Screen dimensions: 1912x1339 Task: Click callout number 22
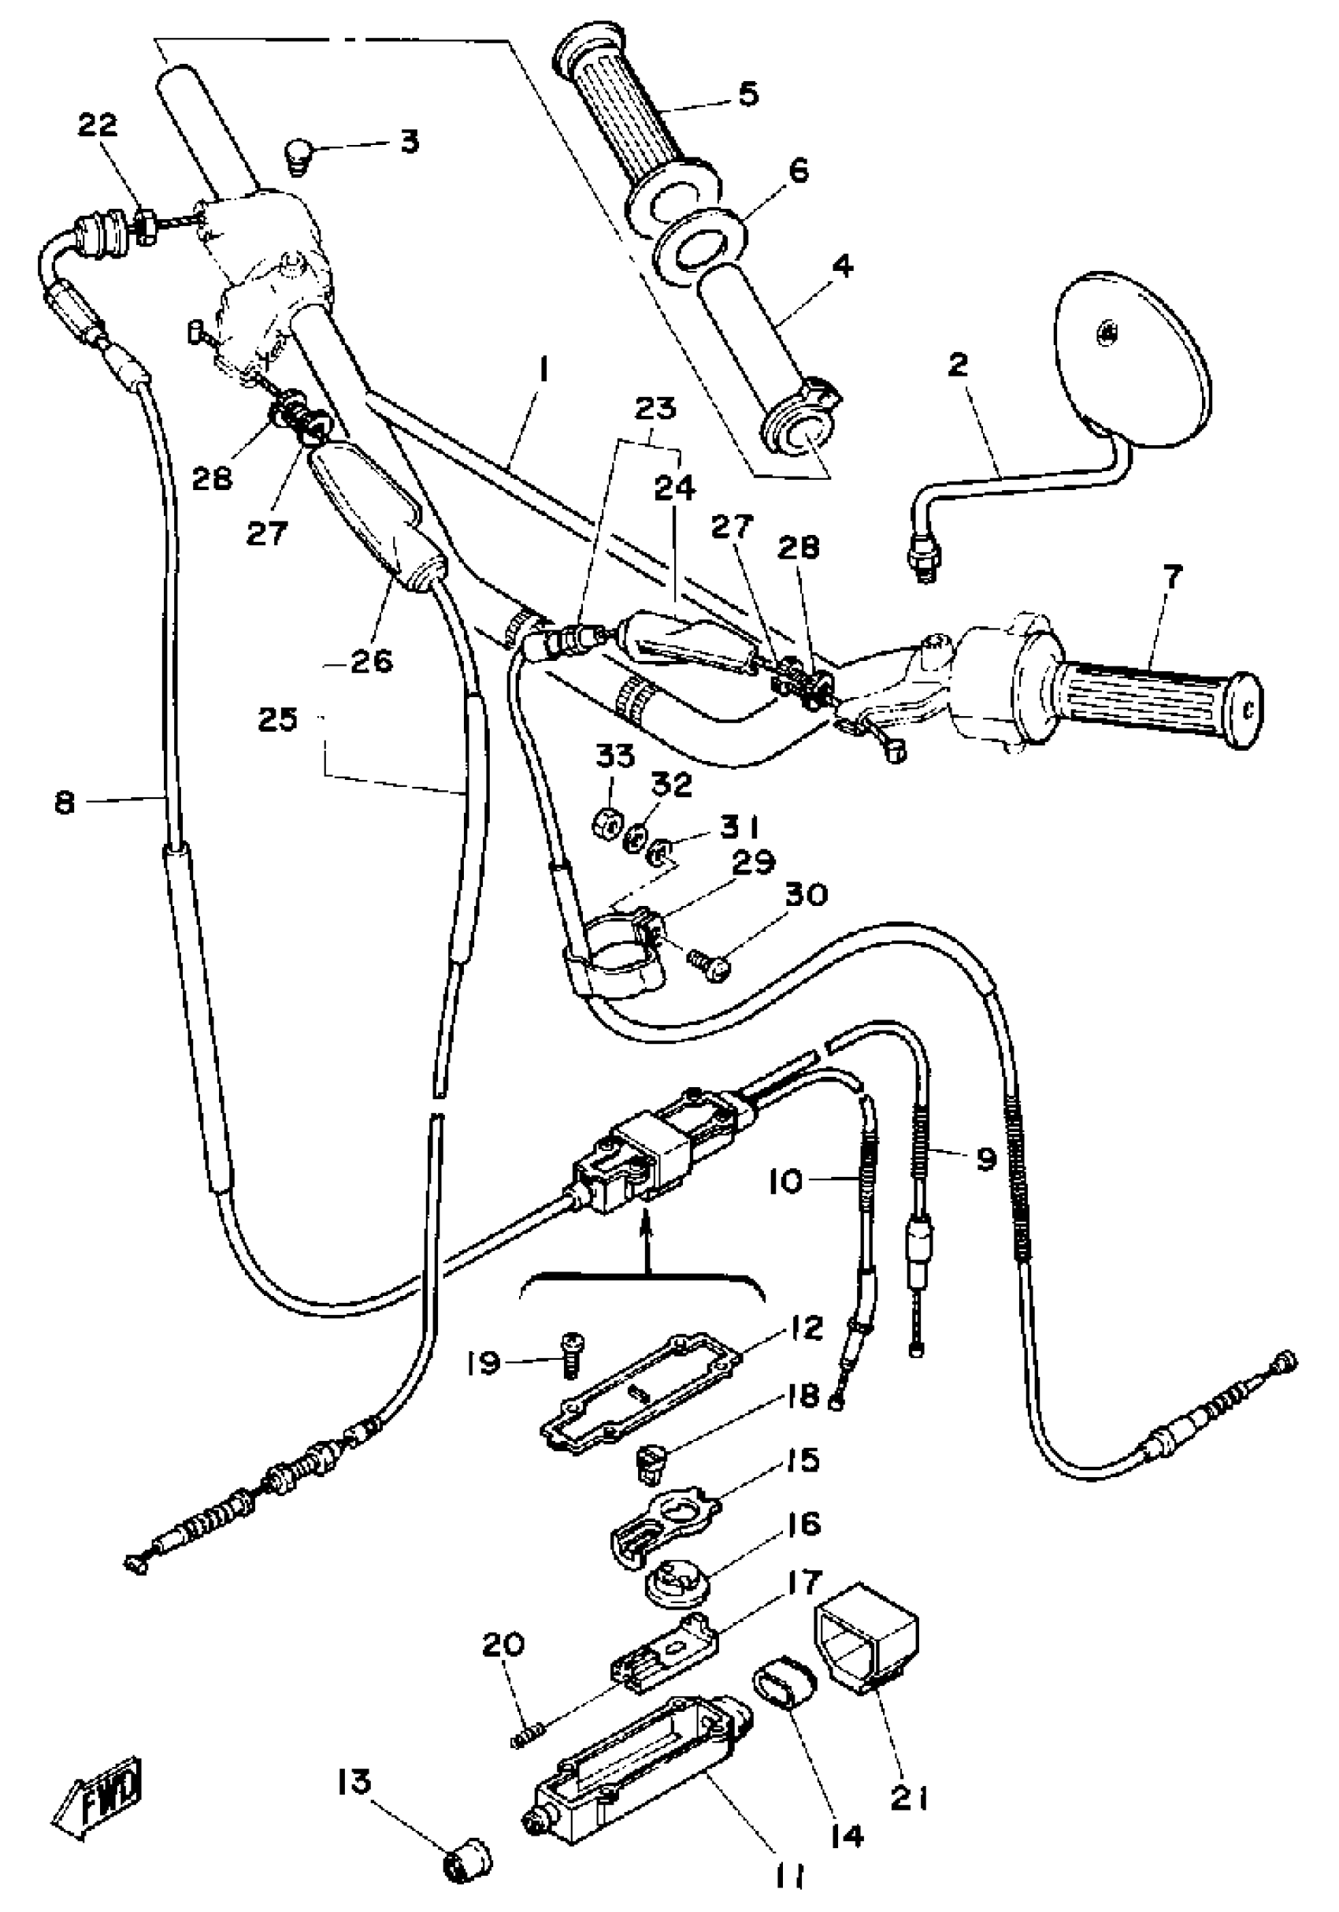point(98,127)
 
